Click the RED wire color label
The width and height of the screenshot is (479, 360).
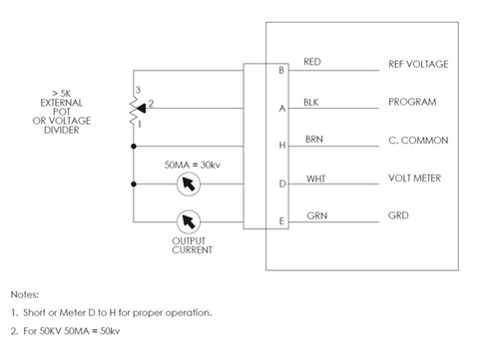click(312, 62)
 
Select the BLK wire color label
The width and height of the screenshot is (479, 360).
click(311, 103)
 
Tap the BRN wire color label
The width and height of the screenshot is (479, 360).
click(314, 140)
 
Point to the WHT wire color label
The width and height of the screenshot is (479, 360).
click(315, 179)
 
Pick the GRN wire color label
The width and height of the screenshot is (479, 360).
click(317, 215)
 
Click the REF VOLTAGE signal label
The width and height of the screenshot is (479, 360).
click(418, 64)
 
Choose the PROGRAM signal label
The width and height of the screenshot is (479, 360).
click(412, 102)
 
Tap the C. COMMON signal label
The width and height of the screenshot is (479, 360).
click(418, 141)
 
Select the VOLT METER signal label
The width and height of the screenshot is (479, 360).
click(414, 179)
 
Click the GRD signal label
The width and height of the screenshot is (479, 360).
click(398, 215)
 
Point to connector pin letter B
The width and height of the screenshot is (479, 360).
click(281, 71)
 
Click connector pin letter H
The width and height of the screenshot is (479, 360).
click(282, 146)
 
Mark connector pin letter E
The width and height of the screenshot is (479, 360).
click(281, 221)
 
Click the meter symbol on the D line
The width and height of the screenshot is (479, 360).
click(189, 183)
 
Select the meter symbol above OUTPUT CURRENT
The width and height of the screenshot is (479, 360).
click(189, 221)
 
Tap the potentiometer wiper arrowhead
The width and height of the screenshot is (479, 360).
click(141, 108)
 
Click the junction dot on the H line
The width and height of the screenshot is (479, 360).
click(134, 147)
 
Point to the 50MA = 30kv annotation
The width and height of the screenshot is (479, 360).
click(193, 165)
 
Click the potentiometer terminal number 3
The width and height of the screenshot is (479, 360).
click(138, 90)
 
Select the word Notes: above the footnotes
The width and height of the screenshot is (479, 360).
click(25, 294)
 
